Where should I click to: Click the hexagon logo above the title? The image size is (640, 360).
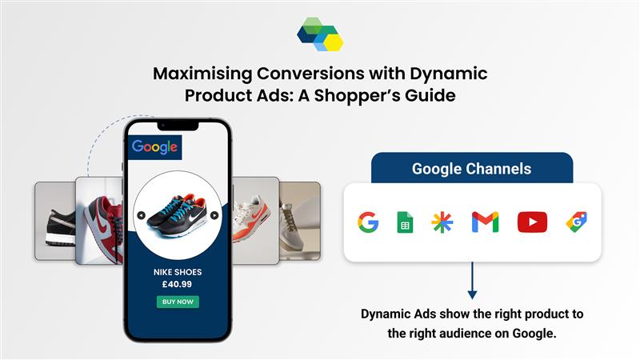[x=320, y=34]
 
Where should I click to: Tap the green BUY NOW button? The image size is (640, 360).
[x=178, y=302]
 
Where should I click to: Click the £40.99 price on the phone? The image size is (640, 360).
[x=177, y=284]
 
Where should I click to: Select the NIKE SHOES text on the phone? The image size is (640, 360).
[x=178, y=272]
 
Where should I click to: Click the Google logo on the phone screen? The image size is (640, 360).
[x=154, y=147]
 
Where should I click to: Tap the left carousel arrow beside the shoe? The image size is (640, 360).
[x=142, y=215]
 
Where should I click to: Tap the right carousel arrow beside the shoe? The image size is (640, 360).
[x=214, y=215]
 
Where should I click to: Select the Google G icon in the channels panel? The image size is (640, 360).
[x=368, y=222]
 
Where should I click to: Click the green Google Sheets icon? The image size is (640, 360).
[x=405, y=222]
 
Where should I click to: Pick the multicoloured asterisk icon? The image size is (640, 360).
[x=442, y=222]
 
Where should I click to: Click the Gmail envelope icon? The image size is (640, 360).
[x=485, y=222]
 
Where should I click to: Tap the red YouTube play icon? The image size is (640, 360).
[x=532, y=222]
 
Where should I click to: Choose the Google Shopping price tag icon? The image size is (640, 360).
[x=576, y=222]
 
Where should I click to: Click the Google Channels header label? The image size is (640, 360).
[x=471, y=169]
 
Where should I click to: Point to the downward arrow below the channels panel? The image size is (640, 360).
[x=472, y=281]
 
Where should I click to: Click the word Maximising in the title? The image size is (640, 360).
[x=203, y=74]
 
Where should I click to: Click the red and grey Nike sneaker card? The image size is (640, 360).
[x=99, y=221]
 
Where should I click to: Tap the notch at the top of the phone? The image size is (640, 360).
[x=178, y=126]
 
